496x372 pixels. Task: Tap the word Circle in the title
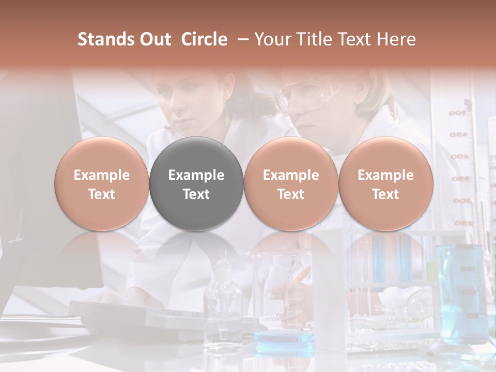coord(204,39)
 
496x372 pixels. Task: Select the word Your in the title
coord(272,39)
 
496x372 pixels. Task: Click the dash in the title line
coord(242,39)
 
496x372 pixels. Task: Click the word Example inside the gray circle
coord(196,175)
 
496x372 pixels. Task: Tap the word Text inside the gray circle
coord(196,194)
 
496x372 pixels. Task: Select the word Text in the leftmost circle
coord(101,194)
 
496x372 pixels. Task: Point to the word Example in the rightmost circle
coord(385,175)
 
